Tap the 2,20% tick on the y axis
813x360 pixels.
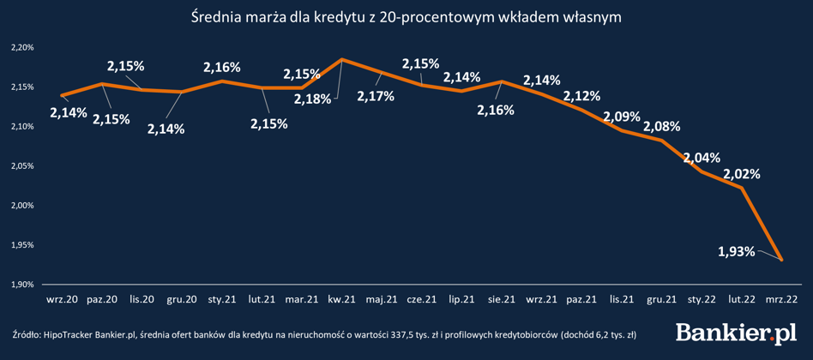(22, 48)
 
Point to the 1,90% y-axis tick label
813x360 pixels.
(22, 285)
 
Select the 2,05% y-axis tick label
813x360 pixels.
(22, 166)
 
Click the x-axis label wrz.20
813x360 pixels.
(62, 300)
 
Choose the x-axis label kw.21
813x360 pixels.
(341, 300)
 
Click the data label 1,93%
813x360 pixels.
(737, 251)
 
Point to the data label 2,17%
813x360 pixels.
(376, 96)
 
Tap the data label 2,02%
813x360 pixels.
(741, 173)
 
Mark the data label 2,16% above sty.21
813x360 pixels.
(221, 66)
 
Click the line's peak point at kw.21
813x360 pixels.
(342, 59)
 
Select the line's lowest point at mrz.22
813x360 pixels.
(781, 260)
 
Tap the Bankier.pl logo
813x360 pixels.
(737, 333)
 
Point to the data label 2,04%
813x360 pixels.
(702, 157)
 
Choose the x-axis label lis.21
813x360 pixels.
(621, 300)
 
